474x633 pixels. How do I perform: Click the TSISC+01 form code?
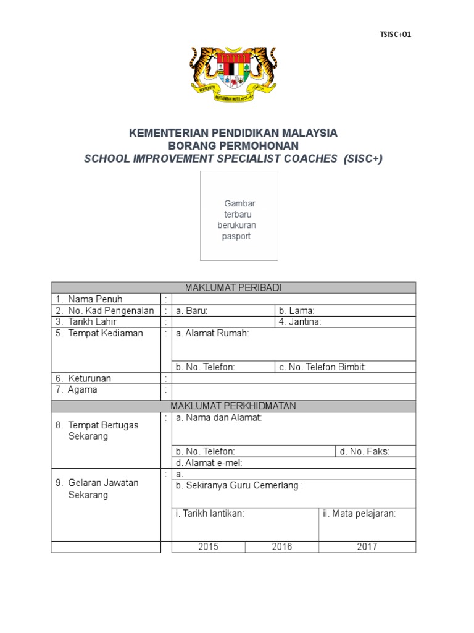point(395,35)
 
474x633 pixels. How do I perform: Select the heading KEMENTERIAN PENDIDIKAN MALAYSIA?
point(233,133)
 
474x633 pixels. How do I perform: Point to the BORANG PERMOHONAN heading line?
point(233,146)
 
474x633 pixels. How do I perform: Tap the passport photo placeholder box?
point(239,216)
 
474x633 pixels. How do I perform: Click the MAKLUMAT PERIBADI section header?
point(233,287)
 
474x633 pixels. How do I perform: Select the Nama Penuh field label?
point(95,299)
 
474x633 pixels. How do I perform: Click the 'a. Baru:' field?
point(223,310)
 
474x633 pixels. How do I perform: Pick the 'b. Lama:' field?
point(345,310)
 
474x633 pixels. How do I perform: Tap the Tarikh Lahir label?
point(93,321)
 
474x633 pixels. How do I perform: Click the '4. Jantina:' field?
point(345,321)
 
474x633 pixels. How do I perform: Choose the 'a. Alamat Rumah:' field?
point(293,343)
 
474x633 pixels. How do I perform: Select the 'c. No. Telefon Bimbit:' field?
point(345,367)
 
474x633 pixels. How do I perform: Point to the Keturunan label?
point(89,378)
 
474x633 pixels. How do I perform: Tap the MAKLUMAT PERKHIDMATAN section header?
point(233,406)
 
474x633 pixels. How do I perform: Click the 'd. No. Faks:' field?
point(375,451)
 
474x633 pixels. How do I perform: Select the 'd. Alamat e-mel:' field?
point(293,462)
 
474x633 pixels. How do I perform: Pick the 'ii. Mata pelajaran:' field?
point(367,524)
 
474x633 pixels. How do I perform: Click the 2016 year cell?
point(281,546)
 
